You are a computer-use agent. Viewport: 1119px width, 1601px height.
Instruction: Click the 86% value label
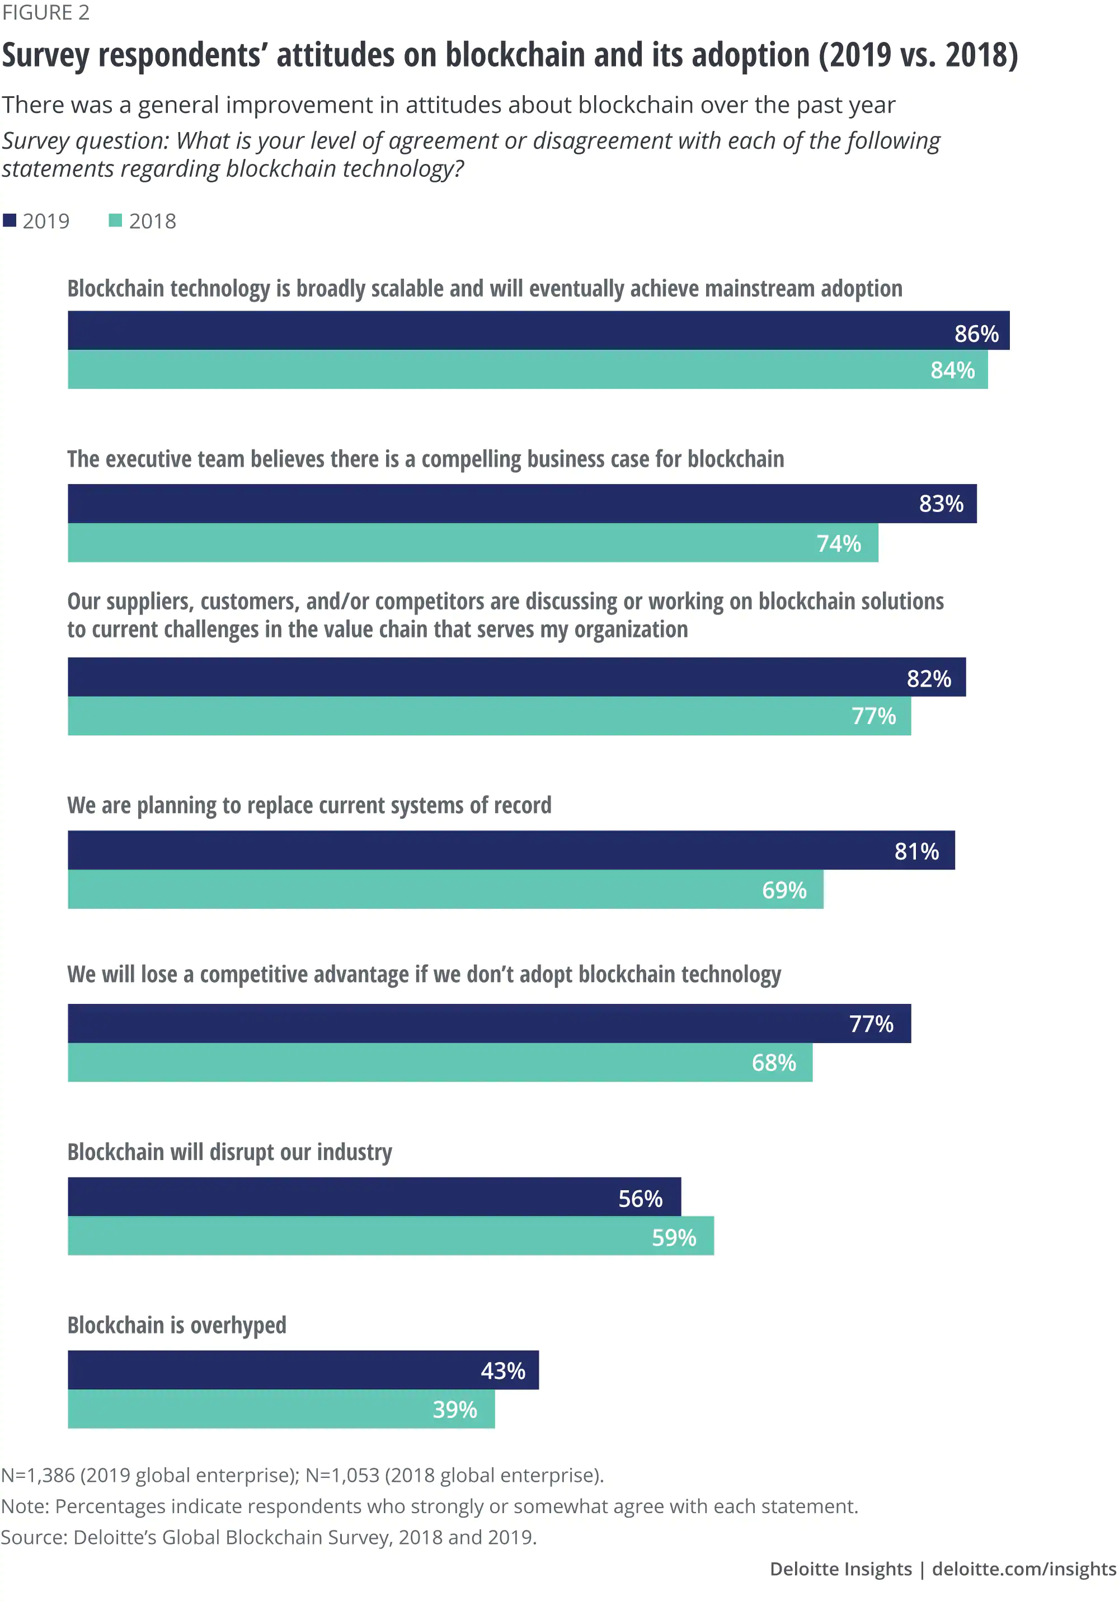(976, 334)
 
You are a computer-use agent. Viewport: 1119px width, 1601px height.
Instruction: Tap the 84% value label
(952, 370)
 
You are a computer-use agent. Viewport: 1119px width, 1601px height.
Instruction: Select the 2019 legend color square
(10, 220)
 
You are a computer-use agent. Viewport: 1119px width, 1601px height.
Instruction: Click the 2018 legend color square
(116, 220)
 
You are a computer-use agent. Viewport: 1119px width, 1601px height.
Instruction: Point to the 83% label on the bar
(941, 504)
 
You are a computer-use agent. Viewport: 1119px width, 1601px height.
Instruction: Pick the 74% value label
(838, 543)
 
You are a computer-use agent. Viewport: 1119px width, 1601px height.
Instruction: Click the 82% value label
(929, 678)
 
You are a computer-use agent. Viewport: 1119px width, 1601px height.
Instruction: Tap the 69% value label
(784, 890)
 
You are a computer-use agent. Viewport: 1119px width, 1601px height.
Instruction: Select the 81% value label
(916, 851)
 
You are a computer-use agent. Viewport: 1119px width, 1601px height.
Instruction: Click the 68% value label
(773, 1063)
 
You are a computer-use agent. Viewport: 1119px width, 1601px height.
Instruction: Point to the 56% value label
(640, 1199)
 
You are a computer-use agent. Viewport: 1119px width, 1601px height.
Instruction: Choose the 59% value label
(674, 1238)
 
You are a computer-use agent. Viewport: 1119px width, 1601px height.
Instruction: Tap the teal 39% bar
(244, 1409)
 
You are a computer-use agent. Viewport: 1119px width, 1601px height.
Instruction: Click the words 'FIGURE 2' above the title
(45, 12)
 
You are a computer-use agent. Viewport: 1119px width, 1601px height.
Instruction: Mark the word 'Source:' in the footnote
(34, 1537)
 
